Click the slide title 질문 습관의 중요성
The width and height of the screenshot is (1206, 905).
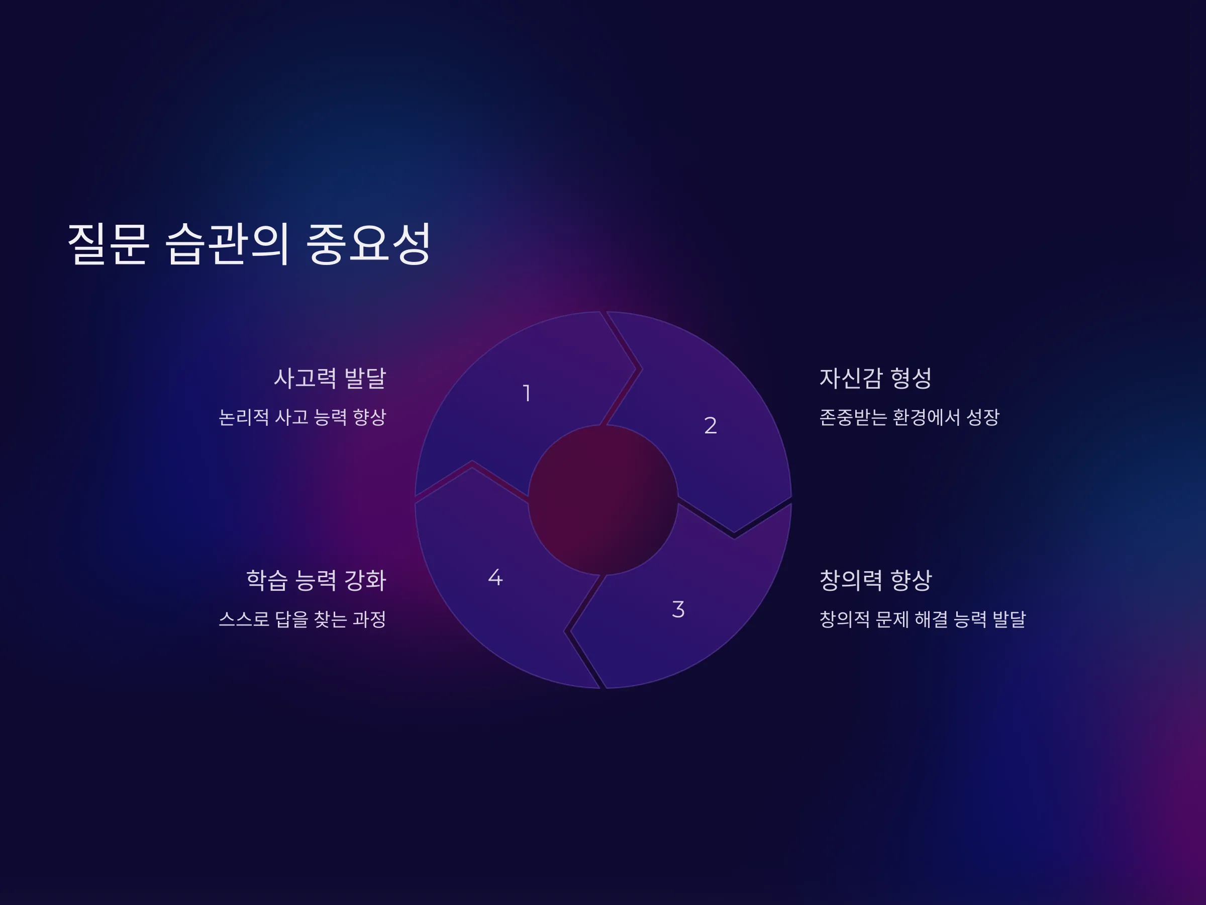pyautogui.click(x=249, y=243)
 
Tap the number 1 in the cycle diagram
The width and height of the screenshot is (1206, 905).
pyautogui.click(x=527, y=393)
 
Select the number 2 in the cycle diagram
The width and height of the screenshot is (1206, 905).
pyautogui.click(x=711, y=425)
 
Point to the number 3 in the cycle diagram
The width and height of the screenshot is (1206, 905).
pyautogui.click(x=678, y=609)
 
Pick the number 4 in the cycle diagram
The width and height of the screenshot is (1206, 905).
pyautogui.click(x=495, y=577)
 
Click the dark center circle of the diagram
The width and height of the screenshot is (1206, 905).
pyautogui.click(x=603, y=500)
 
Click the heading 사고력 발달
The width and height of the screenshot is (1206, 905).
pyautogui.click(x=330, y=378)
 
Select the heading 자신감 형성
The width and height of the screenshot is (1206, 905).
pyautogui.click(x=875, y=378)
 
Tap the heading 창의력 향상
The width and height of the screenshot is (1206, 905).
pyautogui.click(x=875, y=580)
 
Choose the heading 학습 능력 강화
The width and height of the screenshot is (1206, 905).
pyautogui.click(x=316, y=580)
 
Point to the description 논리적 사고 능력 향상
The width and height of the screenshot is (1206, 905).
pyautogui.click(x=303, y=417)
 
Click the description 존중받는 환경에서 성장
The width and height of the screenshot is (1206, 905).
pyautogui.click(x=910, y=417)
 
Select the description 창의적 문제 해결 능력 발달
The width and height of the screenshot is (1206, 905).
pyautogui.click(x=923, y=619)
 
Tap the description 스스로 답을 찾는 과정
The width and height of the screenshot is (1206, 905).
pyautogui.click(x=303, y=619)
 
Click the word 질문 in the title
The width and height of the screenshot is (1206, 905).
pyautogui.click(x=108, y=243)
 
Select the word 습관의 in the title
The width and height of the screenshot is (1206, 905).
pyautogui.click(x=227, y=243)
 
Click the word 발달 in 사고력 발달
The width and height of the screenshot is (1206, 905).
pyautogui.click(x=365, y=378)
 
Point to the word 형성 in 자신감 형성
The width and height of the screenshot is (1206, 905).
pyautogui.click(x=911, y=378)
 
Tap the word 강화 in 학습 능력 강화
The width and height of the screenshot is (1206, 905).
pyautogui.click(x=365, y=580)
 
